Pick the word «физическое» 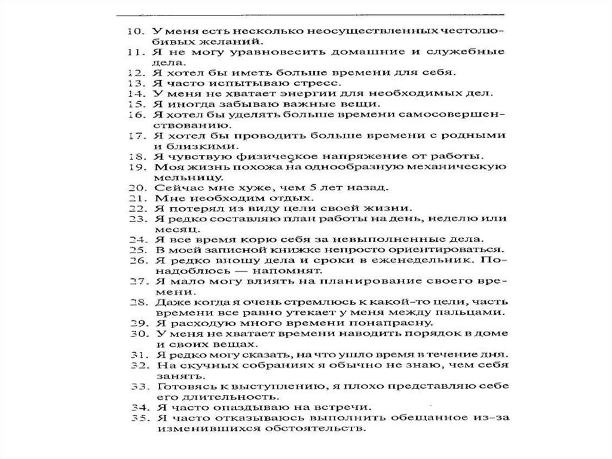(241, 156)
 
